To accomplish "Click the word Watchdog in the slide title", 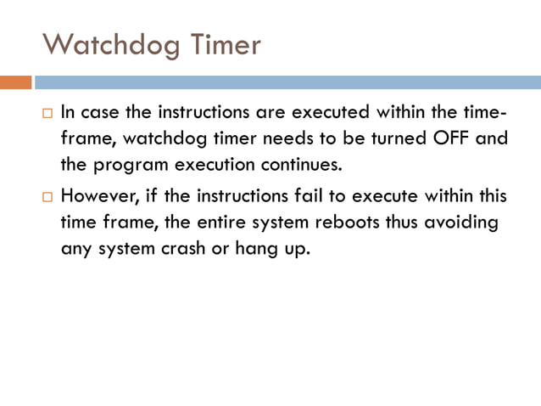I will pyautogui.click(x=111, y=44).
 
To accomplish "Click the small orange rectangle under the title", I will pyautogui.click(x=16, y=82).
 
